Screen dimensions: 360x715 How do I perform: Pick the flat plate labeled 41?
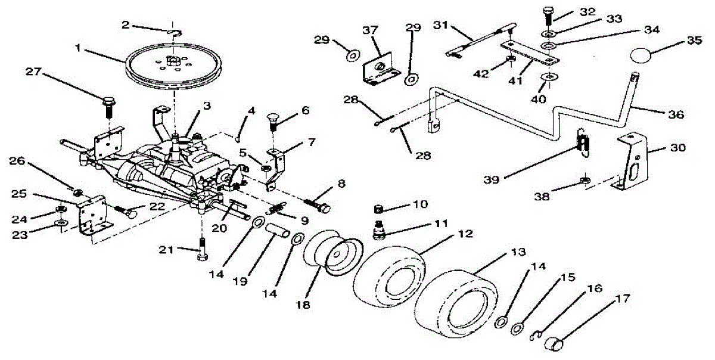(x=530, y=52)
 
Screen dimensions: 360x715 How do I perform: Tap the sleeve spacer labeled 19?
(x=276, y=229)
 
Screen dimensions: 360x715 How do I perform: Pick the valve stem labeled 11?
(x=378, y=229)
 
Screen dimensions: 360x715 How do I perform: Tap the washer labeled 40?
(x=549, y=77)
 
